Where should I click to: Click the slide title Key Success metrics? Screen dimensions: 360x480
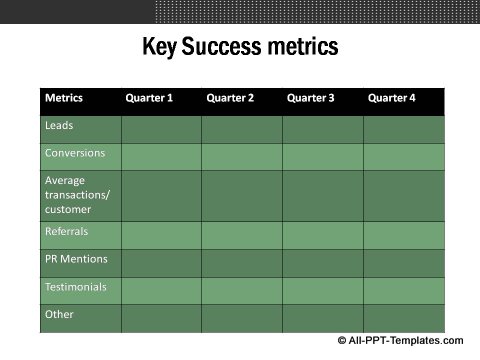point(240,47)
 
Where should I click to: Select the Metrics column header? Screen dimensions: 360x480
point(63,98)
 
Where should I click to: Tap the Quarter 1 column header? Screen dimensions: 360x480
point(149,98)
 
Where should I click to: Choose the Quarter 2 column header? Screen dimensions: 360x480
point(230,98)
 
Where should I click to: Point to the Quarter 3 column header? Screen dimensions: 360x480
point(310,98)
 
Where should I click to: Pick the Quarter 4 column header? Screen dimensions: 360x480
point(391,98)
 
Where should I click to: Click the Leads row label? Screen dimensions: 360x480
point(59,126)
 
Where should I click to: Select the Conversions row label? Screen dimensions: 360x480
point(75,154)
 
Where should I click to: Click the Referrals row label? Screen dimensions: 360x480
point(67,231)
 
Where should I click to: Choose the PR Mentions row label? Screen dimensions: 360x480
point(76,259)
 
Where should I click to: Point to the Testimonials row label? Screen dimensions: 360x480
point(76,287)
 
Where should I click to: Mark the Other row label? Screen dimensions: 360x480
point(59,315)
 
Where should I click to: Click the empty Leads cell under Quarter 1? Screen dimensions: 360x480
point(161,129)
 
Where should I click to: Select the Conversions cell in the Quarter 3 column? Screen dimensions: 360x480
point(322,156)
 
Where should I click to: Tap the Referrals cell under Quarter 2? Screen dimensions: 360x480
point(241,235)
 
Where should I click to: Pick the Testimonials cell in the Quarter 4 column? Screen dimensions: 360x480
point(403,290)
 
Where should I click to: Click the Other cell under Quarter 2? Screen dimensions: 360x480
point(241,318)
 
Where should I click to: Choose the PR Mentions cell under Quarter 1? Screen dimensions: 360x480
point(161,263)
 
